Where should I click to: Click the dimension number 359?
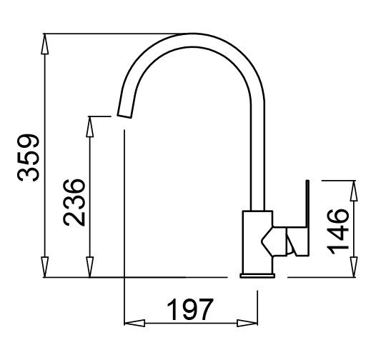[x=29, y=157]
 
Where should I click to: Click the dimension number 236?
[x=74, y=202]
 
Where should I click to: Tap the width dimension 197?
[x=190, y=310]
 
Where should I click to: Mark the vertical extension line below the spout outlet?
[x=124, y=214]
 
